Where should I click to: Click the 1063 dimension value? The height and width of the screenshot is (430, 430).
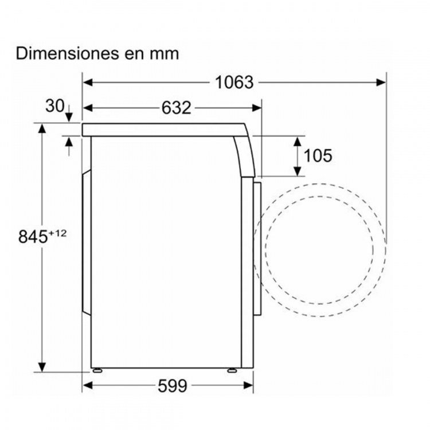click(234, 82)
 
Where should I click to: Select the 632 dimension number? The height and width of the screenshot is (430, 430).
click(176, 108)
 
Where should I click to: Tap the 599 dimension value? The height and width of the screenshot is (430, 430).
click(173, 386)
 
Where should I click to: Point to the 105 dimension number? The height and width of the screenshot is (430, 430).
click(318, 155)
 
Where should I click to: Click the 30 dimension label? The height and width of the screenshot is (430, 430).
click(55, 106)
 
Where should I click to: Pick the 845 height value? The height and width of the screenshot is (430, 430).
click(33, 236)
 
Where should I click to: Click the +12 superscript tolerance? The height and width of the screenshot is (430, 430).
click(57, 233)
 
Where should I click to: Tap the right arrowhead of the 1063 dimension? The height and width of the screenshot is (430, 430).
click(381, 82)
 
